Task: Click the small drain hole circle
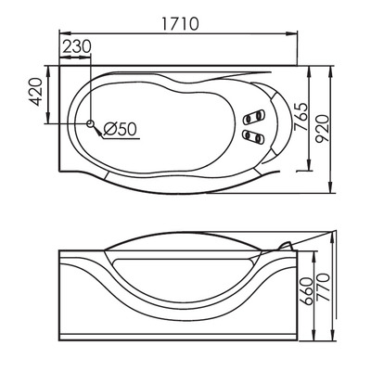point(91,123)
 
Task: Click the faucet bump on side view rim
point(286,243)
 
